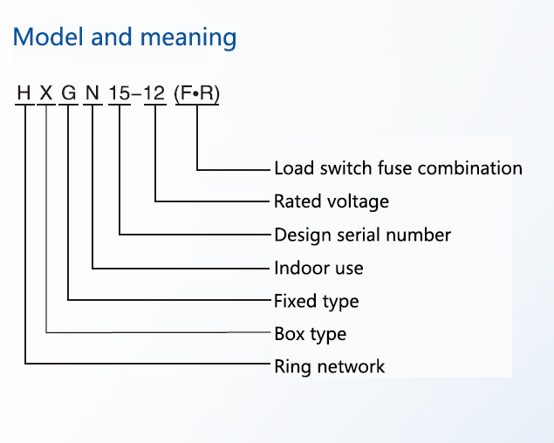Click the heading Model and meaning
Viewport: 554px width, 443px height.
[x=125, y=37]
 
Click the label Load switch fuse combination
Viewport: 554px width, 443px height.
[x=398, y=167]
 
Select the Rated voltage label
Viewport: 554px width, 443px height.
[x=332, y=201]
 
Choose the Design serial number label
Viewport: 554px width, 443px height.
[x=362, y=235]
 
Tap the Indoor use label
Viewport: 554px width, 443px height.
[x=318, y=268]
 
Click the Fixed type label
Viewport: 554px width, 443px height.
[x=316, y=301]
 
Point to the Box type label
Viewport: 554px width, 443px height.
[x=310, y=334]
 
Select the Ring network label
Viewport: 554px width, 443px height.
[x=329, y=366]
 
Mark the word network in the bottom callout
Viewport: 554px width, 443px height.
[x=350, y=366]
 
